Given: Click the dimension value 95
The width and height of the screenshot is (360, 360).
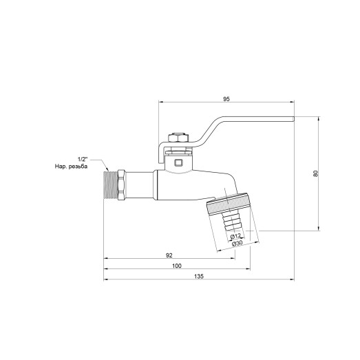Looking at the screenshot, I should click(x=226, y=98).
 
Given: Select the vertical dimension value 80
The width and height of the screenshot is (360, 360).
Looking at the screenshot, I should click(x=315, y=173).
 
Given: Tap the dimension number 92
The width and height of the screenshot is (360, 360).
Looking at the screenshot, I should click(x=168, y=254).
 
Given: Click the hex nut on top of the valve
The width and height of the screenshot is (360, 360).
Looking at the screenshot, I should click(x=178, y=136).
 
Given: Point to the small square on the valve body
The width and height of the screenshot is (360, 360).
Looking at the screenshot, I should click(x=178, y=163).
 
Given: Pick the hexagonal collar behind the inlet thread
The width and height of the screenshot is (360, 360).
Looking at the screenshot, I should click(x=122, y=184).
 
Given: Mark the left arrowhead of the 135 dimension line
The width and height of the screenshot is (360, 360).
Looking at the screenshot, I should click(x=105, y=279).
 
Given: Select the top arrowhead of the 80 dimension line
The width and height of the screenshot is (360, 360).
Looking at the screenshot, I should click(x=319, y=119).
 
